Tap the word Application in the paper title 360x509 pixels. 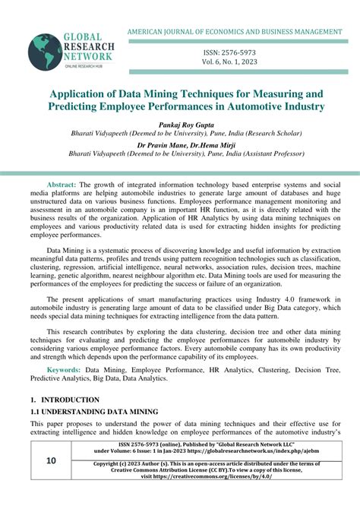point(79,93)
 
